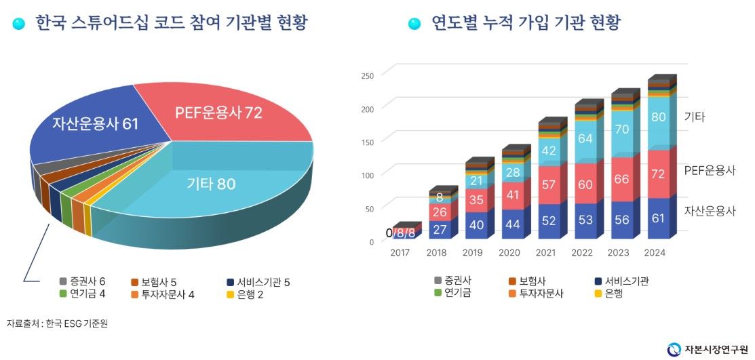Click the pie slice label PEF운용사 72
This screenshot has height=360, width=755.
coord(218,113)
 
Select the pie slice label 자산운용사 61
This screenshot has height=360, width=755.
coord(94,123)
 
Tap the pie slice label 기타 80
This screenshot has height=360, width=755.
coord(210,184)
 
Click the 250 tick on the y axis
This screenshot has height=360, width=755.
coord(368,75)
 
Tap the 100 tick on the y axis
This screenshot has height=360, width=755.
coord(368,176)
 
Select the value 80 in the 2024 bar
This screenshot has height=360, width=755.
coord(658,117)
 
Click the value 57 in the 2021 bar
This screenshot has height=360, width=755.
coord(549,184)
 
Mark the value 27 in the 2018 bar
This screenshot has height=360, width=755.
coord(440,229)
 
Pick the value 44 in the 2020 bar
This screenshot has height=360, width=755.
coord(512,224)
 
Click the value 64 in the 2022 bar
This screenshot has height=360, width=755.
coord(585,139)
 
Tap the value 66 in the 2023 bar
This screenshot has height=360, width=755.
coord(622,179)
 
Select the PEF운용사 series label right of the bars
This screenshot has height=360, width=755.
coord(710,170)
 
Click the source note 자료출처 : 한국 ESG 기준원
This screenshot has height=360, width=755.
coord(57,323)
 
